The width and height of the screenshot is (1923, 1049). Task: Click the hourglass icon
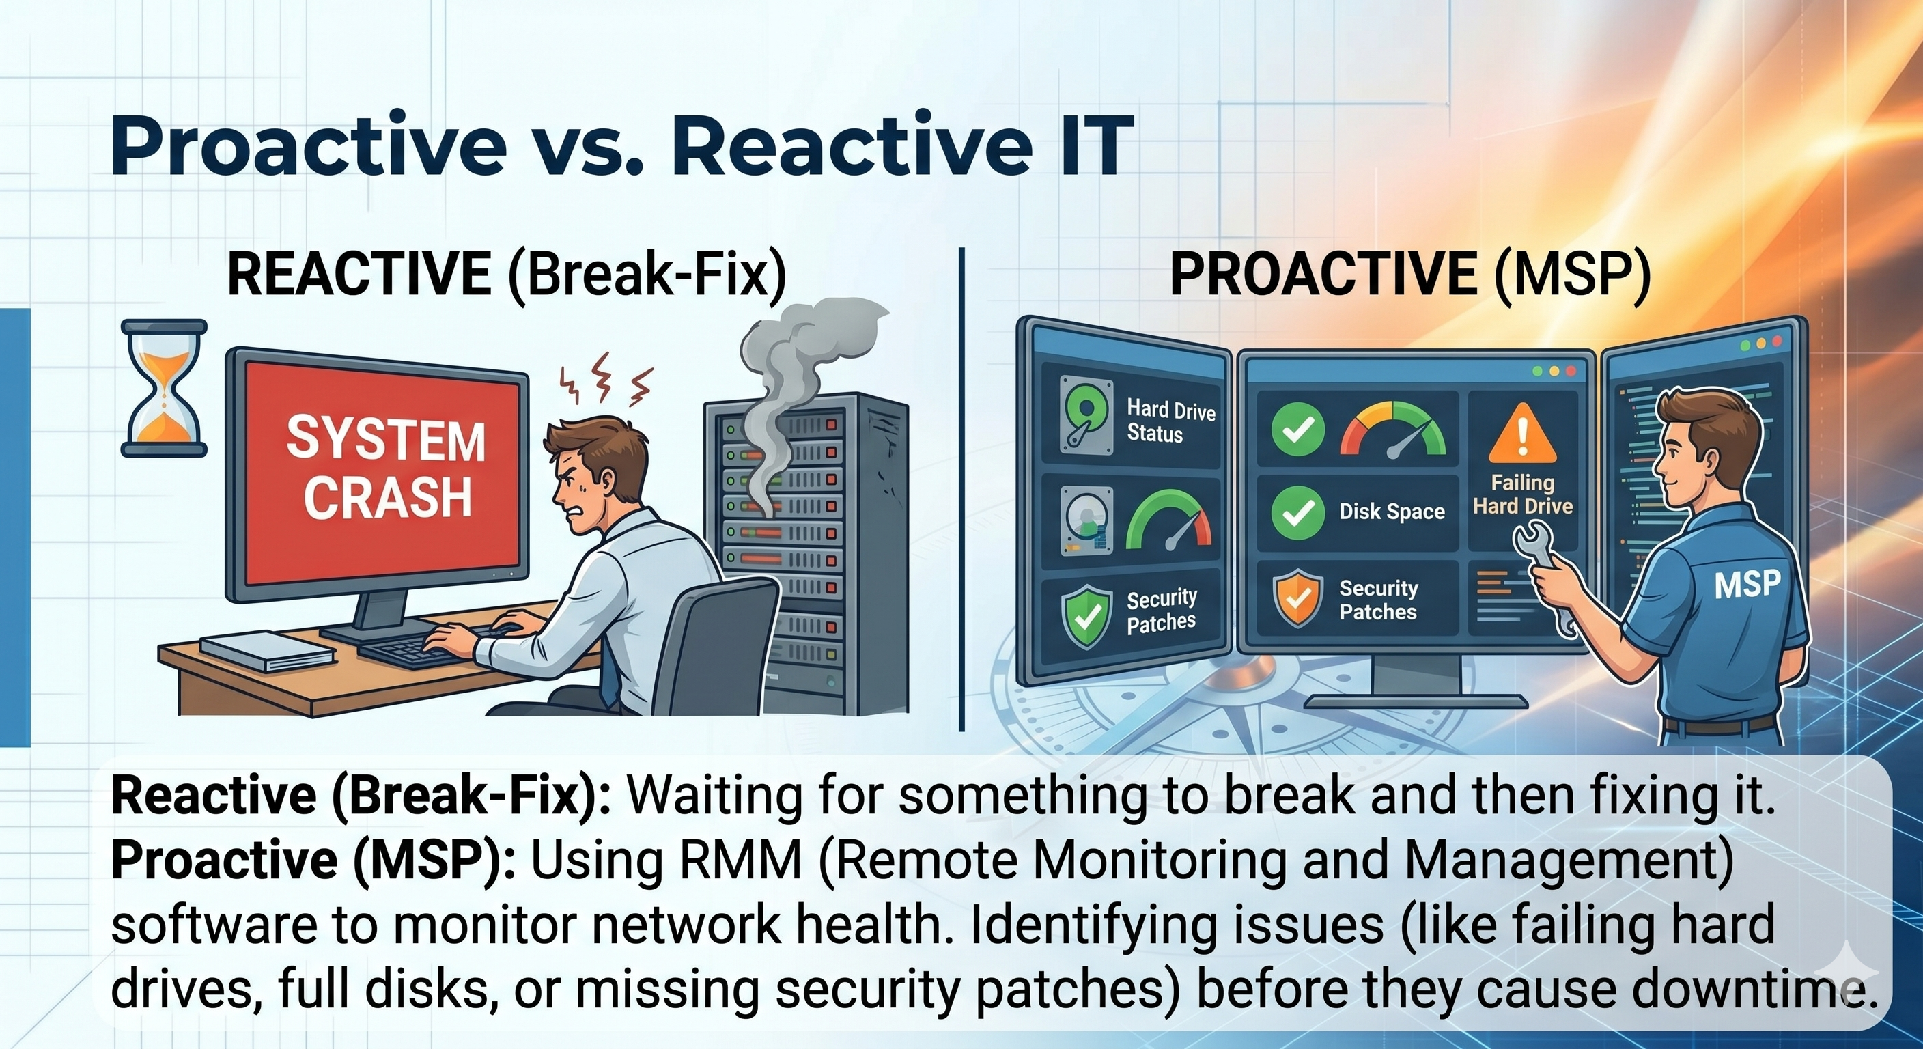[x=163, y=388]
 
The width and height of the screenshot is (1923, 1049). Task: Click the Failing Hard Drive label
[x=1523, y=494]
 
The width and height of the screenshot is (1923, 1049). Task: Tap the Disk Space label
[x=1392, y=512]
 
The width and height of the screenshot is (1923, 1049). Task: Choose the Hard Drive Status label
[x=1170, y=421]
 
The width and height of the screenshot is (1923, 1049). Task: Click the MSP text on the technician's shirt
[x=1746, y=583]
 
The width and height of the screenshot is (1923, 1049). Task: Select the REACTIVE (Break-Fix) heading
[x=507, y=275]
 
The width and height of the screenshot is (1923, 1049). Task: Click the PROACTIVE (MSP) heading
[x=1410, y=275]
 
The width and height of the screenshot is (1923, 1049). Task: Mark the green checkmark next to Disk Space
[x=1299, y=512]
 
